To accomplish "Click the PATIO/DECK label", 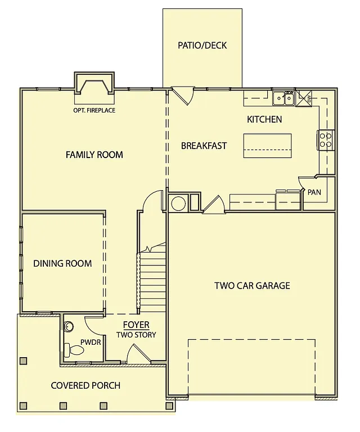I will click(x=202, y=45).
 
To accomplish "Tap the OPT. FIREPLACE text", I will click(x=94, y=110).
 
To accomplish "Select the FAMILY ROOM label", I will click(x=94, y=155).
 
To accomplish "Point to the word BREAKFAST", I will click(x=204, y=146).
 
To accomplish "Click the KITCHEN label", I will click(x=264, y=120).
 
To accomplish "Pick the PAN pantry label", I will click(x=314, y=192).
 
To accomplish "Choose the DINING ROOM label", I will click(x=62, y=263).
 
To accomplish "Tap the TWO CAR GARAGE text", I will click(x=252, y=285).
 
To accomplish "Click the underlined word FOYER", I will click(x=136, y=325).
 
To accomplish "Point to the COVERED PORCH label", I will click(x=85, y=385).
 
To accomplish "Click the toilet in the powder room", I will click(x=74, y=350).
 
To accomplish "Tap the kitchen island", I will click(x=268, y=146).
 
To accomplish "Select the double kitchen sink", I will click(x=283, y=99).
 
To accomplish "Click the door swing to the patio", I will click(x=183, y=96).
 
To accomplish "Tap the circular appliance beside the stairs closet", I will click(x=178, y=202).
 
